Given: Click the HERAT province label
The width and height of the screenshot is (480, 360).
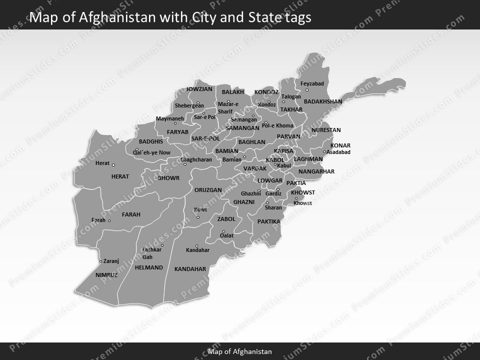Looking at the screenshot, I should click(x=120, y=176).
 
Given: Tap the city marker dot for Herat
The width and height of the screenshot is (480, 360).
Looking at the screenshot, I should click(x=113, y=165).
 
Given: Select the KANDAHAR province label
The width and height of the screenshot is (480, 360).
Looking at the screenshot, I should click(x=190, y=269).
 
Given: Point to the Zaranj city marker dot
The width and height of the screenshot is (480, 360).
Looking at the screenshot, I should click(x=100, y=261).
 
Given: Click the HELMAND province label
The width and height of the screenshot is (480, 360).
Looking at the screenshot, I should click(x=149, y=267).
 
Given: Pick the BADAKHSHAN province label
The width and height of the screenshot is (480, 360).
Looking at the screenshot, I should click(x=323, y=101).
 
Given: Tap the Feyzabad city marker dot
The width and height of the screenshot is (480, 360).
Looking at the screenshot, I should click(x=307, y=90).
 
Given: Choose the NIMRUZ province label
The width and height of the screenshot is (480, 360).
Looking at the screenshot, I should click(x=106, y=275).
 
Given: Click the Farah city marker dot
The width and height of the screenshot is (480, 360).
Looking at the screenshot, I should click(x=109, y=220).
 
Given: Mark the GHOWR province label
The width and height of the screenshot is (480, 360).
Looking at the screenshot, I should click(x=168, y=178).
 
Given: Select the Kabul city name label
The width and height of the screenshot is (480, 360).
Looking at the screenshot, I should click(x=284, y=165).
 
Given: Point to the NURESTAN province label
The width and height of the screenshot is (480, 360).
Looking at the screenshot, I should click(x=326, y=130).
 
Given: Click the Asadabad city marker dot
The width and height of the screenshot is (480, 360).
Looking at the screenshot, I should click(x=324, y=152).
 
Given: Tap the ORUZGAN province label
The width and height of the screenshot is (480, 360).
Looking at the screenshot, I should click(x=208, y=190).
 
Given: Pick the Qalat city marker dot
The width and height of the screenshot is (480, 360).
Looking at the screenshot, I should click(x=223, y=232).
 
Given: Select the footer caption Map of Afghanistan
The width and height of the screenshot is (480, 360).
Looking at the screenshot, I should click(x=240, y=351).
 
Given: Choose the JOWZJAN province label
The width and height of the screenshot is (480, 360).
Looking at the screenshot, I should click(x=199, y=89).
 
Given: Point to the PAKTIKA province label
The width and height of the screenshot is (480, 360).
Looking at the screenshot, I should click(x=269, y=221).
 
